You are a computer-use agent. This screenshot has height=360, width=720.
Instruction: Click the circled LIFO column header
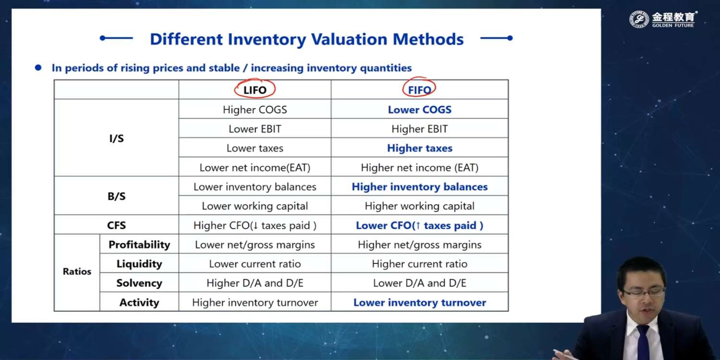point(255,90)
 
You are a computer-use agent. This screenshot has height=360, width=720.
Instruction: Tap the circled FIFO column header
point(420,90)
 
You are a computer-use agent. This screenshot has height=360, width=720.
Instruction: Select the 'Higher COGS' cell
point(255,109)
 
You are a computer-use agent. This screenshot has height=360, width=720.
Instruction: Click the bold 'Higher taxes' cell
point(420,148)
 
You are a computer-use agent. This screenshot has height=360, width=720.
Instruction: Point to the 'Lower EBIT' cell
point(255,129)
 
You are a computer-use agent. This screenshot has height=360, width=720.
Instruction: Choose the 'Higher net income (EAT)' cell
point(420,168)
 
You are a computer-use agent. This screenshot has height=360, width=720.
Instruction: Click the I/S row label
point(116,138)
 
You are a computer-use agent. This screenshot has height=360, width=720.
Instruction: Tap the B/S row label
point(116,196)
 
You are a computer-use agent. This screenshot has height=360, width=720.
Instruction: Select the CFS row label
point(116,225)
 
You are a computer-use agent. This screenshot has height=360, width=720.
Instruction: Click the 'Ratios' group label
point(77,272)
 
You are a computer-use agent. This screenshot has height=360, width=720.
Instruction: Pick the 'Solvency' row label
point(139,283)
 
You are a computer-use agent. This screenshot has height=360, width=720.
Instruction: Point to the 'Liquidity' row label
point(139,264)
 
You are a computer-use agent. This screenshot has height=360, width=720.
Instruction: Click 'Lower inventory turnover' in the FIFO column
point(420,302)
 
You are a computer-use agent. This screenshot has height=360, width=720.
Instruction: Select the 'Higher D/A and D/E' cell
point(255,283)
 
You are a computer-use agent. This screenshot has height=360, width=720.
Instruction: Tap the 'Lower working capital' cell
point(255,206)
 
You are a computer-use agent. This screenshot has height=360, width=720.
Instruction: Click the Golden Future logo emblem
point(639,19)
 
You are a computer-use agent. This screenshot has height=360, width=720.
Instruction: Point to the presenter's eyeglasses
point(644,292)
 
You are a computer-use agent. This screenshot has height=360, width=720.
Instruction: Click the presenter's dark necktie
point(644,342)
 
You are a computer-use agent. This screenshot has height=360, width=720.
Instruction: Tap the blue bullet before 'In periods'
point(38,68)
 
